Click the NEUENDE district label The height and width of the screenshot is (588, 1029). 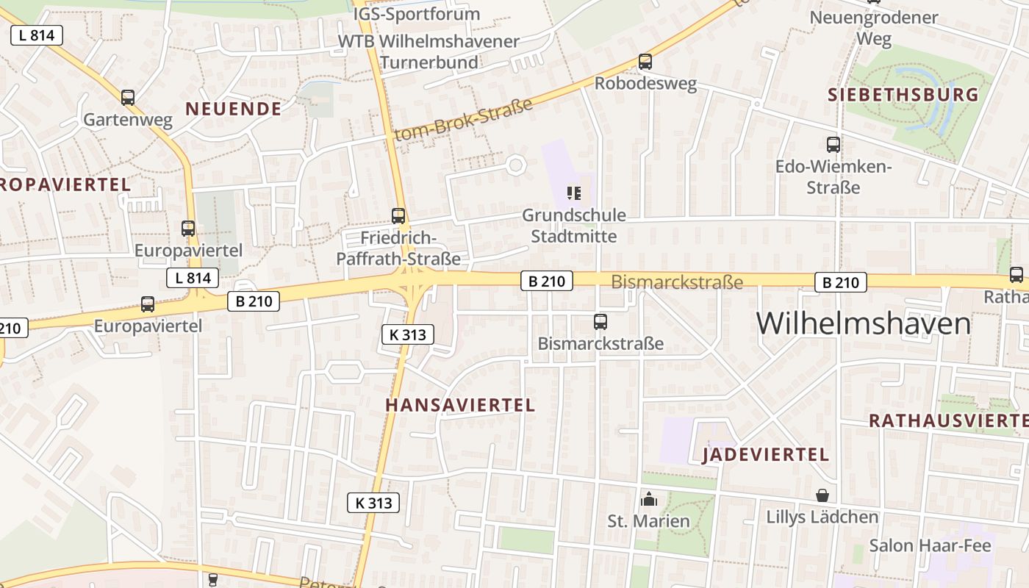232,110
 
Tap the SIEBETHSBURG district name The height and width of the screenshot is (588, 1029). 903,95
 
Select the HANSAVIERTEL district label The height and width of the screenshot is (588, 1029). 460,405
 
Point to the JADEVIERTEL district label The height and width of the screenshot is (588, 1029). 766,455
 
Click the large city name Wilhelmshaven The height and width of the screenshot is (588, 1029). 864,323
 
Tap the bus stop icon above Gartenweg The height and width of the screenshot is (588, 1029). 128,98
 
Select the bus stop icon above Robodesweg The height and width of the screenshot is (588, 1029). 645,62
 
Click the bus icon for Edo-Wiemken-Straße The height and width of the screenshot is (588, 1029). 833,145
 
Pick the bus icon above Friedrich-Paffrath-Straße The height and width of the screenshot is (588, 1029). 398,216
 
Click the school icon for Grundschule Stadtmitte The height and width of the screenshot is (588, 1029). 574,193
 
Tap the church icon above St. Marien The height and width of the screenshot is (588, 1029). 648,500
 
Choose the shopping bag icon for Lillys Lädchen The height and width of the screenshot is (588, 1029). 822,496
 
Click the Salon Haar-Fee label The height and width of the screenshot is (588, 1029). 930,545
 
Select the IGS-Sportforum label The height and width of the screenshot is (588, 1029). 416,14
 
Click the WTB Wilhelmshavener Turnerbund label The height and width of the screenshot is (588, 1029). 429,51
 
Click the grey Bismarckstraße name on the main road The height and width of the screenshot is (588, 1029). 677,282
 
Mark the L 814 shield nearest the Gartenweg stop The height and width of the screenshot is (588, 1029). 37,35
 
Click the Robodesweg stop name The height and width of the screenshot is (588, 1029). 645,83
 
